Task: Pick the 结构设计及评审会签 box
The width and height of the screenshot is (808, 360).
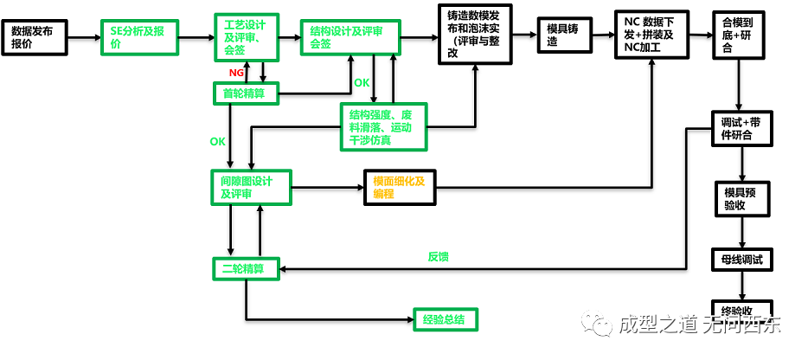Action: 352,37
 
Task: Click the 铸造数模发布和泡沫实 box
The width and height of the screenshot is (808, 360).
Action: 475,35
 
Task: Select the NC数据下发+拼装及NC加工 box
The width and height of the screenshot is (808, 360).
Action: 651,35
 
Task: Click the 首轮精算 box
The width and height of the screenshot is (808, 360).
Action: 246,93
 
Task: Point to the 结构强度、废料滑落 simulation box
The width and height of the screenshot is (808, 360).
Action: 382,127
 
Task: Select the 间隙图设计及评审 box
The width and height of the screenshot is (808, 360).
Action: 250,188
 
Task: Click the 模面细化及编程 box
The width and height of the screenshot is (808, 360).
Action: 400,188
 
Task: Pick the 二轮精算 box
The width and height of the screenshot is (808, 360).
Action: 246,269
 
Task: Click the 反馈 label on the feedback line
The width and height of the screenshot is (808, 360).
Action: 438,257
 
